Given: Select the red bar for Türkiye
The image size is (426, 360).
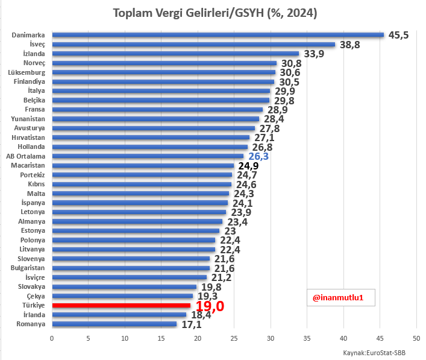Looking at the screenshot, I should click(x=121, y=306).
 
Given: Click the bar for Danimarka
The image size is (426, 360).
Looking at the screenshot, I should click(x=218, y=34).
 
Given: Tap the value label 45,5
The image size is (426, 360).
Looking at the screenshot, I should click(x=398, y=35).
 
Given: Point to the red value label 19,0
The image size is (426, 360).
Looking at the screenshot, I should click(x=210, y=306).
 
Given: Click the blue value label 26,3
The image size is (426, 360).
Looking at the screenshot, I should click(x=258, y=156).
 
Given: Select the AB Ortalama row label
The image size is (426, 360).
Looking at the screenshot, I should click(x=26, y=156).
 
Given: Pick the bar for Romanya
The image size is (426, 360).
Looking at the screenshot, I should click(x=114, y=324).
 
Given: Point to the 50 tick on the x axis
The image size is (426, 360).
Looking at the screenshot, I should click(x=416, y=338).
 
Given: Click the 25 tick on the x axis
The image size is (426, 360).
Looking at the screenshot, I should click(x=234, y=338).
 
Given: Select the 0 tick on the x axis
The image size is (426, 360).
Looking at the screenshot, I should click(x=52, y=338).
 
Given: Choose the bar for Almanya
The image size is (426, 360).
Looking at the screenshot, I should click(x=137, y=221).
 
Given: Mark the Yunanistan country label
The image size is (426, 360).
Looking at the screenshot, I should click(x=28, y=119).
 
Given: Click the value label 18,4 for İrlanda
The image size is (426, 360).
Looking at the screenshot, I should click(x=201, y=315).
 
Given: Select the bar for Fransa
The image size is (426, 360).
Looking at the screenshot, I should click(x=157, y=109).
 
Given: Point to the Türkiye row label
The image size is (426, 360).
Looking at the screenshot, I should click(x=34, y=306).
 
